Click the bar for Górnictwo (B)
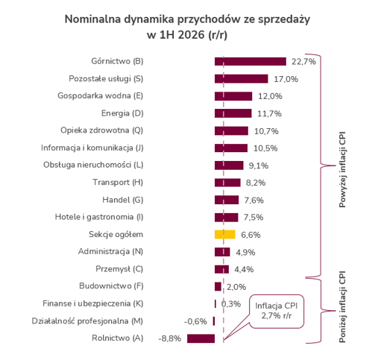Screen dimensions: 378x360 251,61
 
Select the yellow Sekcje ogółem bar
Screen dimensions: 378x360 225,235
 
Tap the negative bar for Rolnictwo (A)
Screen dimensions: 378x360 201,338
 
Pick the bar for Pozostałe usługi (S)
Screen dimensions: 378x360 242,79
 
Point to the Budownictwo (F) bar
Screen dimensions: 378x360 218,286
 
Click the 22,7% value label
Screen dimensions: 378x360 303,62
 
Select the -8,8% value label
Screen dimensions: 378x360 170,338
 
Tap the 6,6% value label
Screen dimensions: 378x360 251,235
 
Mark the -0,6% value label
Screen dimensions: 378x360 195,321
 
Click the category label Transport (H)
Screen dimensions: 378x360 118,183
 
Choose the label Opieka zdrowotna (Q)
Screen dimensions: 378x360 102,130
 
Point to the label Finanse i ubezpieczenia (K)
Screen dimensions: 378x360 93,303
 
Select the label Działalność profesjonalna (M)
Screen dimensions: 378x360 87,321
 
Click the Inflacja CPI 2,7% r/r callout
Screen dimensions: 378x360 277,312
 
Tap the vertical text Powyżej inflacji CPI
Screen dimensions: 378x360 342,169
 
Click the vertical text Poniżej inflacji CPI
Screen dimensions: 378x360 342,306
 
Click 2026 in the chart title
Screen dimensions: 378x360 191,35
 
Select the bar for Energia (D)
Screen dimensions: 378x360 233,113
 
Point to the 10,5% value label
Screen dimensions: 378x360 265,148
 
